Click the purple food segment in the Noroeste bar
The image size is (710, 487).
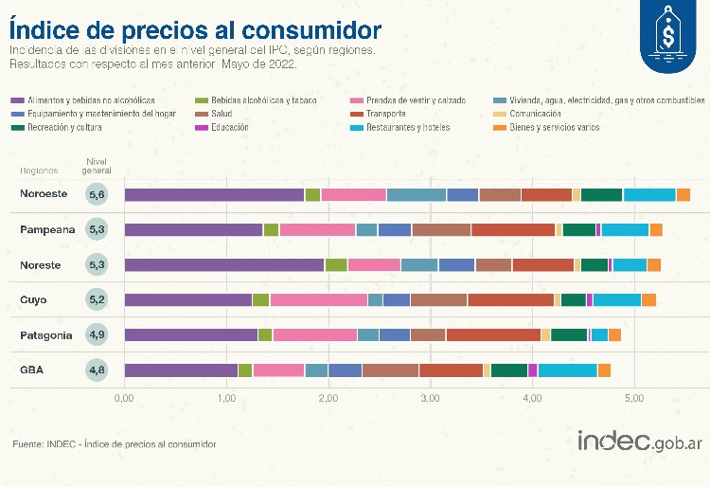pos(214,194)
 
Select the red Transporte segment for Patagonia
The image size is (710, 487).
pos(492,334)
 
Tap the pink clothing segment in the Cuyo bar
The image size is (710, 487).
pos(318,300)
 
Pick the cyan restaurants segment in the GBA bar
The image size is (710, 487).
pos(567,370)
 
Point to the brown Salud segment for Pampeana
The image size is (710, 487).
pos(441,229)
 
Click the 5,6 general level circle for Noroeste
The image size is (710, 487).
pos(98,194)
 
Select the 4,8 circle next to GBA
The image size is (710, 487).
pos(98,370)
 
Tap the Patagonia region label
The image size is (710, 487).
pos(44,335)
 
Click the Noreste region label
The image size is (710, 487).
pos(40,265)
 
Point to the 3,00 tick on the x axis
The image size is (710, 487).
pos(431,399)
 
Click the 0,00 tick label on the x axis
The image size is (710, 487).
pos(124,399)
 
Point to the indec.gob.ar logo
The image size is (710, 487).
pos(639,442)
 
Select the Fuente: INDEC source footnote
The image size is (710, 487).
pos(114,443)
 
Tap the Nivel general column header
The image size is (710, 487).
pos(98,167)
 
